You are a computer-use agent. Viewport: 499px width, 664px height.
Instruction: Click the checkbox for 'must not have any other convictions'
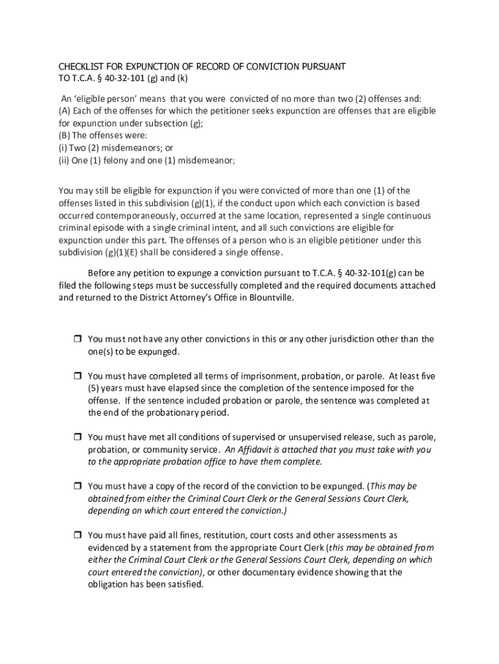tap(76, 339)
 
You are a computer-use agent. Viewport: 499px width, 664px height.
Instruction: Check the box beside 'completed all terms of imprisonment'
tap(76, 376)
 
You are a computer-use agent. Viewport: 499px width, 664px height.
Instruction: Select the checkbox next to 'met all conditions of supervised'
tap(76, 437)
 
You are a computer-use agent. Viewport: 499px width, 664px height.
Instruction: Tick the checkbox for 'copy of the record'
tap(76, 486)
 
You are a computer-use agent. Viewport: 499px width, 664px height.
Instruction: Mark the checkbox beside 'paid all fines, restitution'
tap(76, 536)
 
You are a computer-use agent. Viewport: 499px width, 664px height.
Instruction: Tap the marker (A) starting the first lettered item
tap(65, 111)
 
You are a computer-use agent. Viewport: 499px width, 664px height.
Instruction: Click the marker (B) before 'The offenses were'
tap(65, 136)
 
